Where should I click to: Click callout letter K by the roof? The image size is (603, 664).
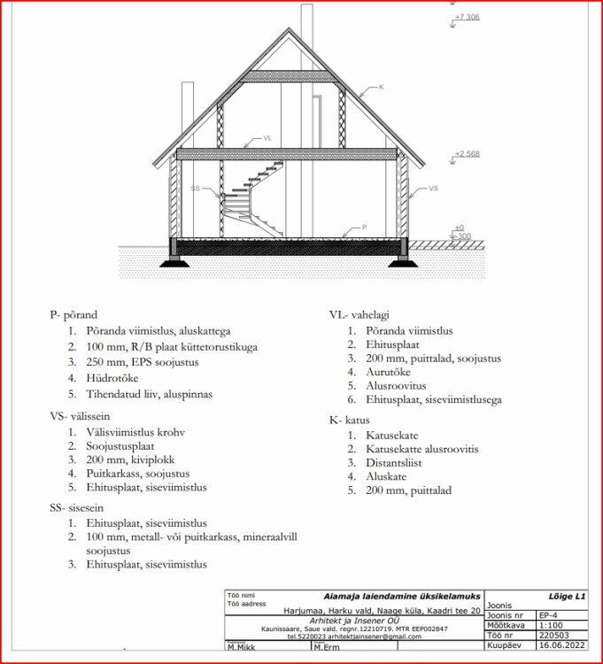click(x=381, y=87)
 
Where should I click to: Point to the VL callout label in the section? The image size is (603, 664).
click(x=268, y=138)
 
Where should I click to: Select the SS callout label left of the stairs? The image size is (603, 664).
click(x=196, y=189)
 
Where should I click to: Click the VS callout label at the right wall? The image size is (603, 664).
click(x=433, y=189)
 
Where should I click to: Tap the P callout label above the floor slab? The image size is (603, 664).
click(x=363, y=228)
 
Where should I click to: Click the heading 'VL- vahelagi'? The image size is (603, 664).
click(x=359, y=315)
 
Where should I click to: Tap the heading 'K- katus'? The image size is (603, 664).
click(x=350, y=420)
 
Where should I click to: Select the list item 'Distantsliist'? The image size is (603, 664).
click(x=378, y=463)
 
